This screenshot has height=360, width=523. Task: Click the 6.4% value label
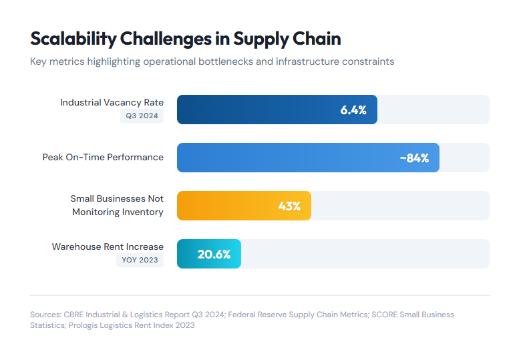tap(353, 110)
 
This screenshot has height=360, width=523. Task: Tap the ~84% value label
tap(414, 158)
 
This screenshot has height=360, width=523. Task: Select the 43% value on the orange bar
tap(289, 206)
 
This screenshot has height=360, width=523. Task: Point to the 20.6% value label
tap(214, 254)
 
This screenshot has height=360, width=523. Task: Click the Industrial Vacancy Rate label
tap(112, 102)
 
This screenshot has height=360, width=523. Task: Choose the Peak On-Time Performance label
tap(103, 157)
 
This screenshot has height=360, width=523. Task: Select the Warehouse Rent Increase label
tap(108, 246)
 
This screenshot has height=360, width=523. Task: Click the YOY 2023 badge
tap(140, 260)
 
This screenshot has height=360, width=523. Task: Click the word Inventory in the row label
tap(144, 212)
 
